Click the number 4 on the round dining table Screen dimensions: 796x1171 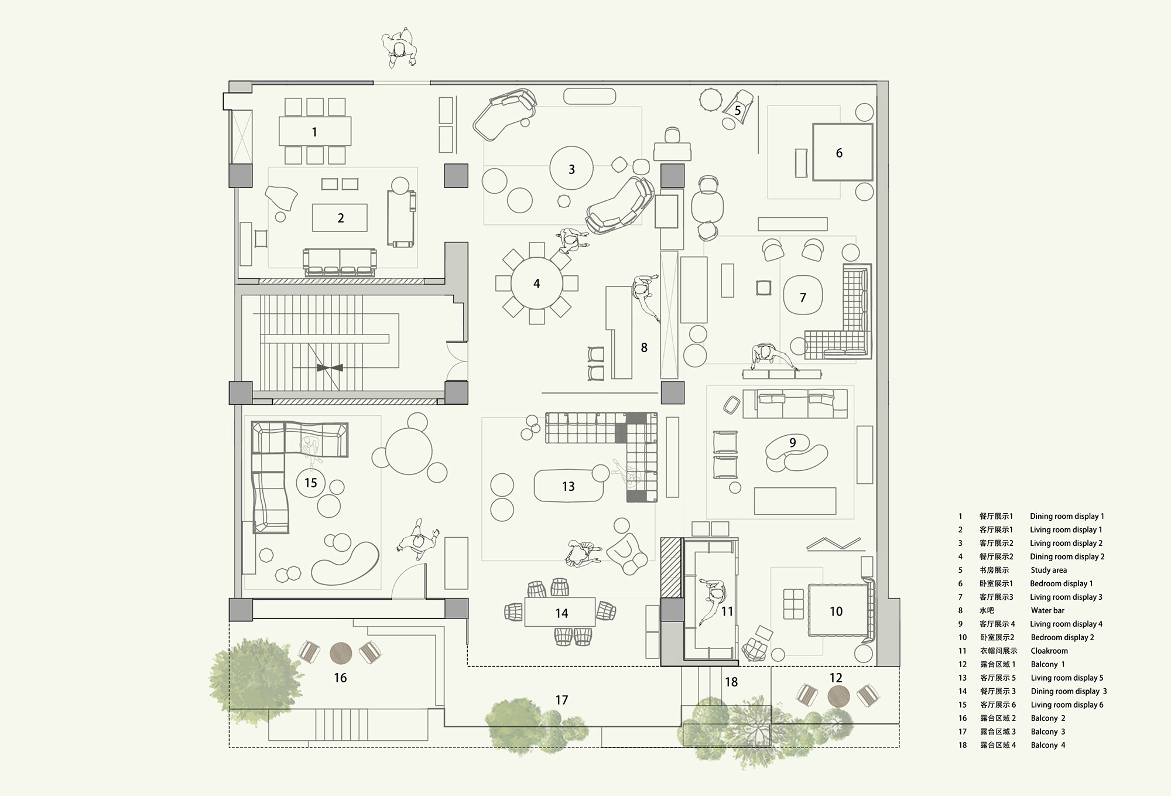[x=536, y=284]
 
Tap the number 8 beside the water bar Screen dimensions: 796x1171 [x=644, y=348]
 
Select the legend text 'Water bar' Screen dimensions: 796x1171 [x=1047, y=610]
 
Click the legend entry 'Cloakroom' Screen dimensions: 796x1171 [x=1049, y=651]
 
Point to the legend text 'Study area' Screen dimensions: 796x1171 [x=1049, y=570]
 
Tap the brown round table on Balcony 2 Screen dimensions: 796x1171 [x=341, y=651]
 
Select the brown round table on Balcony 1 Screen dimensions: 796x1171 [x=838, y=696]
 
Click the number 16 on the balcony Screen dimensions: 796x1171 [x=340, y=678]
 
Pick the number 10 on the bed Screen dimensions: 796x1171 [x=836, y=611]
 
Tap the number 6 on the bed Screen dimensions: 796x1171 [x=838, y=153]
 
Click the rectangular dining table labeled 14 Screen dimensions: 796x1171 [x=560, y=613]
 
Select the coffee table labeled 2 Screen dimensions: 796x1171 [x=340, y=218]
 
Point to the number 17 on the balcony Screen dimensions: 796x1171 [x=561, y=700]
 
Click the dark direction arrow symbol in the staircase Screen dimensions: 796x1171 [x=330, y=368]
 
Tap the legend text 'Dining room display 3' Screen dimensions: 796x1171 [x=1069, y=691]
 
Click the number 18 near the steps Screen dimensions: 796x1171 [x=731, y=682]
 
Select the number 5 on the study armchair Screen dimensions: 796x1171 [x=738, y=110]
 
